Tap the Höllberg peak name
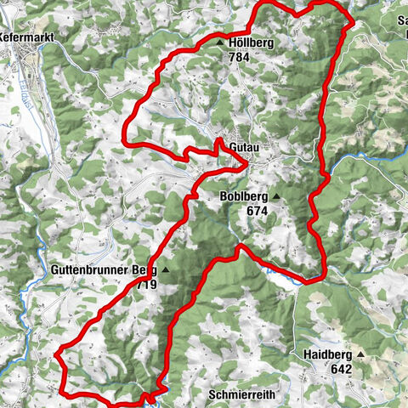(252, 42)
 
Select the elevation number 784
(239, 57)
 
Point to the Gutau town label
(245, 147)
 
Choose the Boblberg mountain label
(243, 195)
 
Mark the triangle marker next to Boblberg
(275, 195)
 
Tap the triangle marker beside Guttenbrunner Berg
(166, 270)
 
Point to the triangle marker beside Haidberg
(360, 354)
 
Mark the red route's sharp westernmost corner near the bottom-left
(55, 350)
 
